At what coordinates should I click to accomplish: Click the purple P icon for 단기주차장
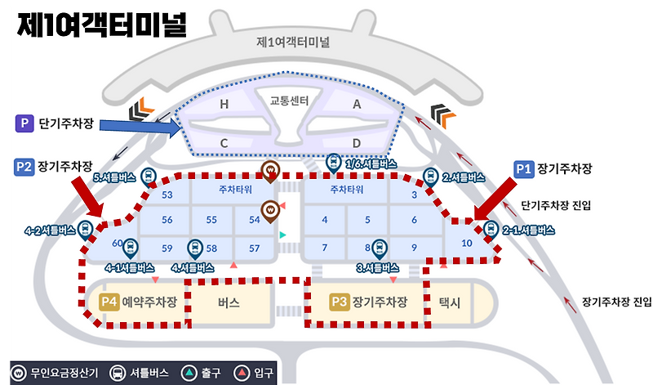tap(25, 123)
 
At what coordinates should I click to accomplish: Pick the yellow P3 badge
tap(340, 302)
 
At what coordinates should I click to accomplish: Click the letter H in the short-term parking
tap(224, 105)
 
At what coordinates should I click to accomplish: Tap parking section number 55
tap(211, 220)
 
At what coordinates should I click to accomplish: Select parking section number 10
tap(466, 243)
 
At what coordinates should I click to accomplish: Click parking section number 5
tap(368, 220)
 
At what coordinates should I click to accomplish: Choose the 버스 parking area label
tap(229, 302)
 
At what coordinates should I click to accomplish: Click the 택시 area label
tap(450, 302)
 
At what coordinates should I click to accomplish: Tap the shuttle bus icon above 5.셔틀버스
tap(149, 176)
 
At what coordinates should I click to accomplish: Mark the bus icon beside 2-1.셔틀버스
tap(491, 230)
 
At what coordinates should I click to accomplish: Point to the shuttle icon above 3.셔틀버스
tap(378, 247)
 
